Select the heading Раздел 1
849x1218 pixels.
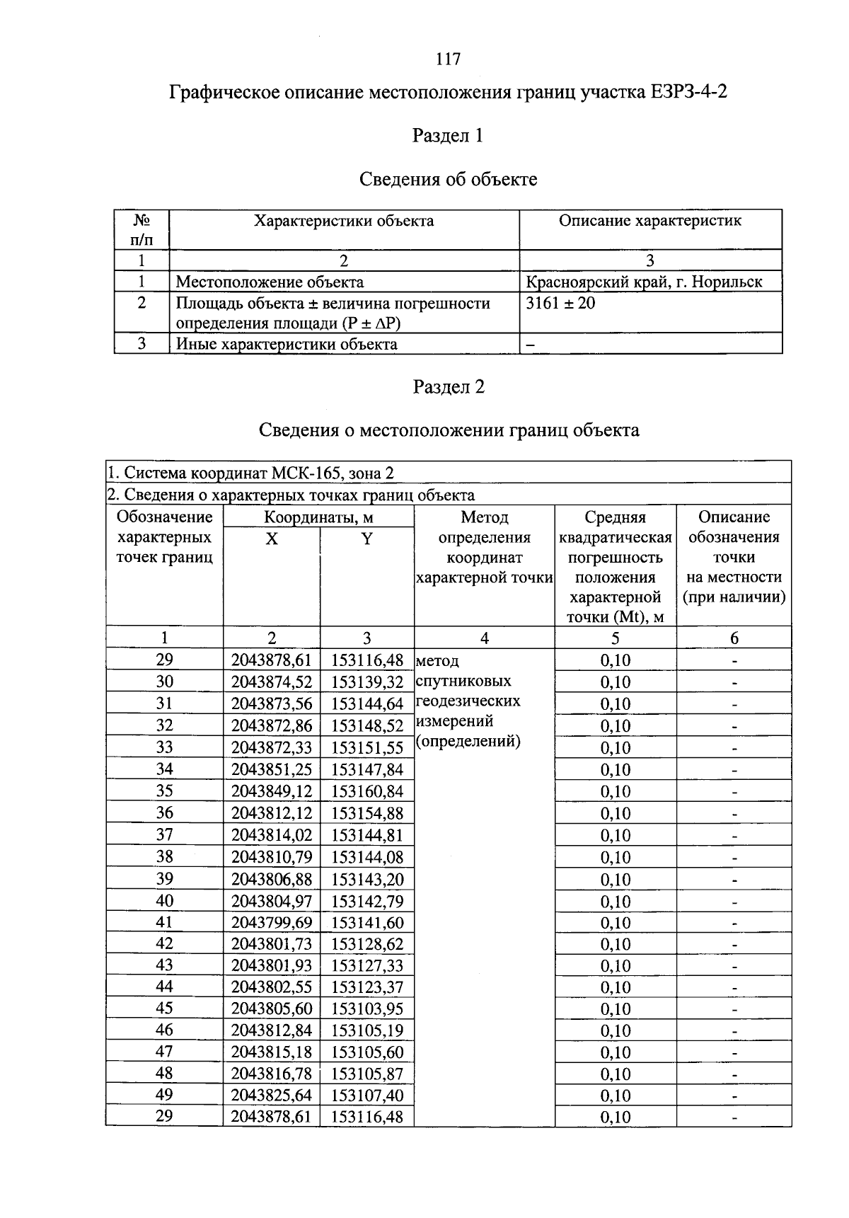pos(448,136)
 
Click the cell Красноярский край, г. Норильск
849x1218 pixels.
pos(644,282)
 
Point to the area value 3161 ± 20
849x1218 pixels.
pos(560,304)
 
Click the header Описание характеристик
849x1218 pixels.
pos(649,221)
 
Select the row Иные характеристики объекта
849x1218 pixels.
pos(286,345)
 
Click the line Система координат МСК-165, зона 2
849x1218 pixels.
pos(250,472)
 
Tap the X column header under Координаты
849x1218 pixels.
pos(272,539)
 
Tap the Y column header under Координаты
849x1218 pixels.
pos(366,539)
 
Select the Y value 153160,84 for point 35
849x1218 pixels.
pos(366,791)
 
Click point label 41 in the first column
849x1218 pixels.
pos(164,922)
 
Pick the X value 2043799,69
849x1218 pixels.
pos(272,922)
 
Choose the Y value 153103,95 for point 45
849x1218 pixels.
pos(366,1009)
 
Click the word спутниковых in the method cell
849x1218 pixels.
pos(463,682)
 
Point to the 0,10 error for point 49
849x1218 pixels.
pos(615,1096)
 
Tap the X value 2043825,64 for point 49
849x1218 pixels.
pos(272,1096)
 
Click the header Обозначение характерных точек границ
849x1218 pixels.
pos(164,537)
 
